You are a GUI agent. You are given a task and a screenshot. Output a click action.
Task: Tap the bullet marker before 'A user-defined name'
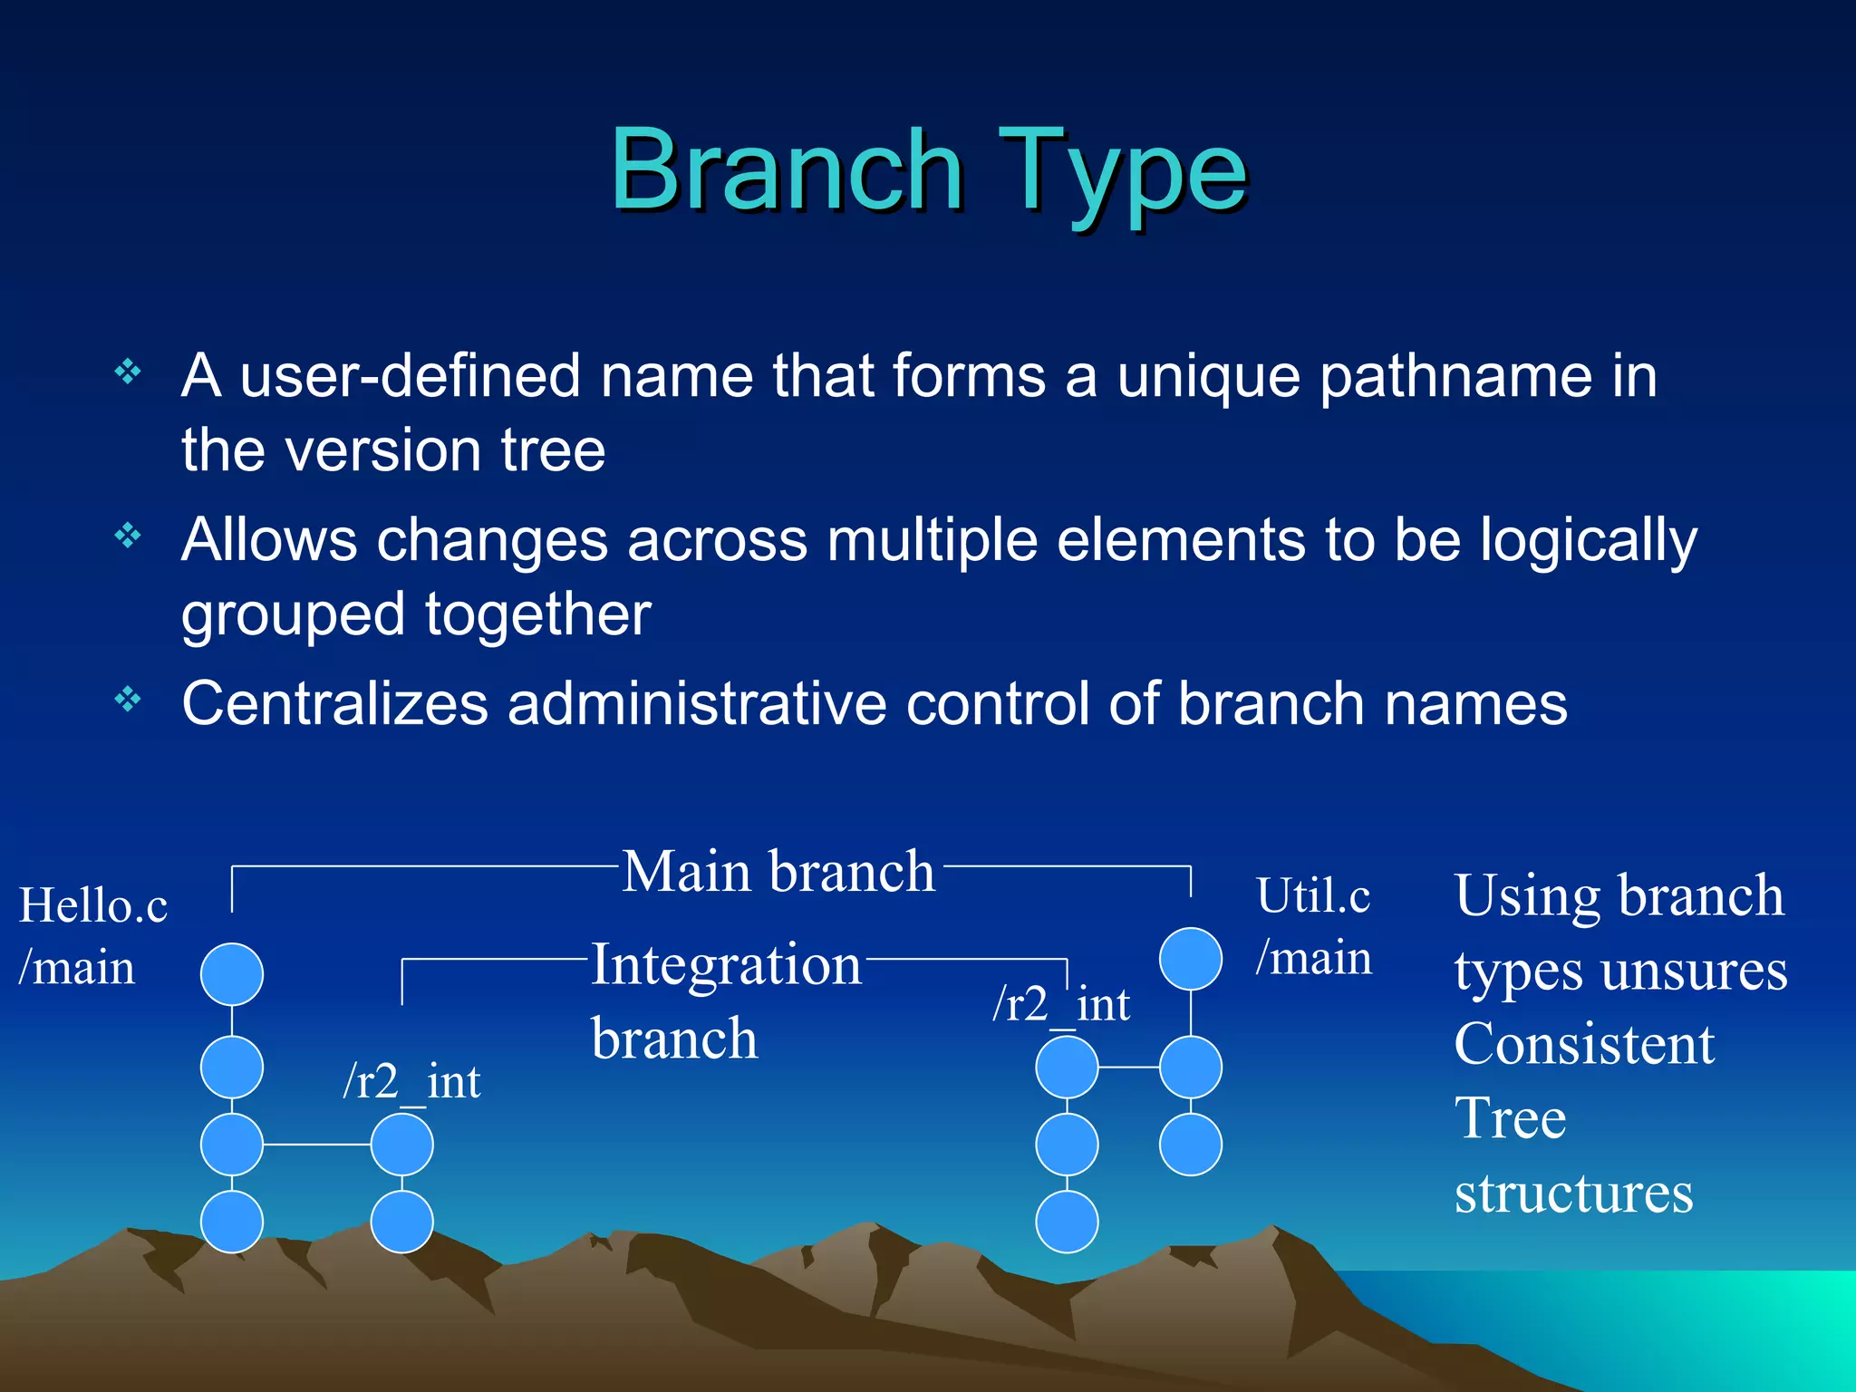click(128, 372)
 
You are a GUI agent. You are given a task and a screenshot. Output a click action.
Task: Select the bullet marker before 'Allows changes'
click(128, 536)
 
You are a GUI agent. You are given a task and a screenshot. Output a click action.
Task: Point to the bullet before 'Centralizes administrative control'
click(128, 700)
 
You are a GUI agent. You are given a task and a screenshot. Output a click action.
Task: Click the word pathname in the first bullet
click(1455, 376)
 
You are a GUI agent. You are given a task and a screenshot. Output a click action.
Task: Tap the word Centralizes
click(335, 704)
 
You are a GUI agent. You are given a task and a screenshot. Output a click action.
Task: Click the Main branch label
click(778, 872)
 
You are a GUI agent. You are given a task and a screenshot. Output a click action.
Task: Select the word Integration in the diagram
click(726, 964)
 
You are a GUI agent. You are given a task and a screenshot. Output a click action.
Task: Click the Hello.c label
click(93, 905)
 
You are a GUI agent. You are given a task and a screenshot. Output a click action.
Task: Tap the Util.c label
click(1312, 896)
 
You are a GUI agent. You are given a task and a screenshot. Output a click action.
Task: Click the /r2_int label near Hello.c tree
click(411, 1081)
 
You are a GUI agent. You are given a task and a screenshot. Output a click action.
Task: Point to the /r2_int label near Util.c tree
click(1061, 1004)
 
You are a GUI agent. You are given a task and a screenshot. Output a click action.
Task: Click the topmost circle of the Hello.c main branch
click(232, 974)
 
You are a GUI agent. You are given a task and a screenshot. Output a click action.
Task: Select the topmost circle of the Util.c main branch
click(1191, 959)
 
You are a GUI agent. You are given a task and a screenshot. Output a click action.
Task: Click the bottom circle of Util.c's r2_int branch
click(1067, 1222)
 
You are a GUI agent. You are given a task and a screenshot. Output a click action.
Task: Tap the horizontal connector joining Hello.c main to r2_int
click(316, 1145)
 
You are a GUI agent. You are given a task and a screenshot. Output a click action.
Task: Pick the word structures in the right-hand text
click(1573, 1193)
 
